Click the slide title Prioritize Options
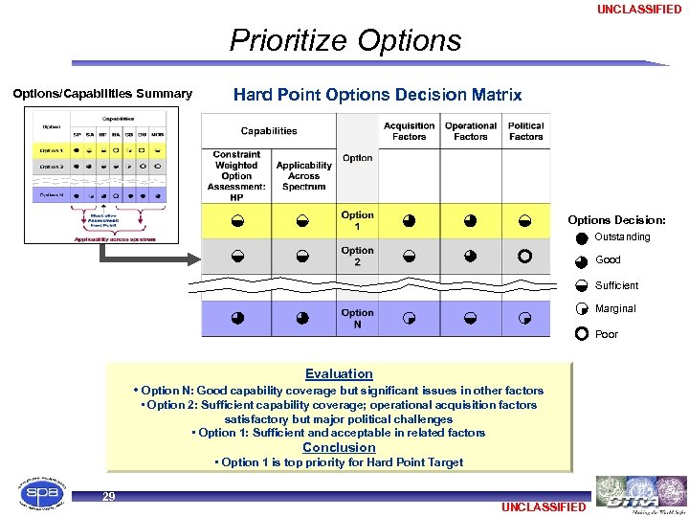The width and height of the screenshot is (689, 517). click(x=344, y=40)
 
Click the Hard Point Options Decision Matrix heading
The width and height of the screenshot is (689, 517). click(x=377, y=95)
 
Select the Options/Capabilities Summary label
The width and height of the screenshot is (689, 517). click(x=102, y=94)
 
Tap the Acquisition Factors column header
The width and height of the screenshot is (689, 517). click(x=409, y=131)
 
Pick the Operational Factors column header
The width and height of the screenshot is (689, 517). click(x=470, y=131)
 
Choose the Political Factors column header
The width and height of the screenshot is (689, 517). click(x=525, y=131)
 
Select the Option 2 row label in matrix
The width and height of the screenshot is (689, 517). click(x=357, y=257)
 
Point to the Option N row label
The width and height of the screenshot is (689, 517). click(x=357, y=319)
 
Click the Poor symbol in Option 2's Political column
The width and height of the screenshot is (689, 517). click(x=524, y=257)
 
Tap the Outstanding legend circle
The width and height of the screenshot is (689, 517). click(x=582, y=238)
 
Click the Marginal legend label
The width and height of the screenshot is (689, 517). click(x=615, y=309)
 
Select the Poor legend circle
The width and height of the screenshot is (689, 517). click(x=582, y=334)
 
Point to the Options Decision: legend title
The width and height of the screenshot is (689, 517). click(x=616, y=220)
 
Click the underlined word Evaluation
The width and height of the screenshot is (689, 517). click(x=339, y=374)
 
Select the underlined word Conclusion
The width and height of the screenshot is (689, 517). click(x=339, y=447)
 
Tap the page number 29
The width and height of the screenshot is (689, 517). click(x=109, y=496)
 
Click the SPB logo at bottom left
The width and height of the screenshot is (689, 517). click(x=35, y=492)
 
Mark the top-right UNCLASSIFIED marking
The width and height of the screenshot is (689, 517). click(x=639, y=10)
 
